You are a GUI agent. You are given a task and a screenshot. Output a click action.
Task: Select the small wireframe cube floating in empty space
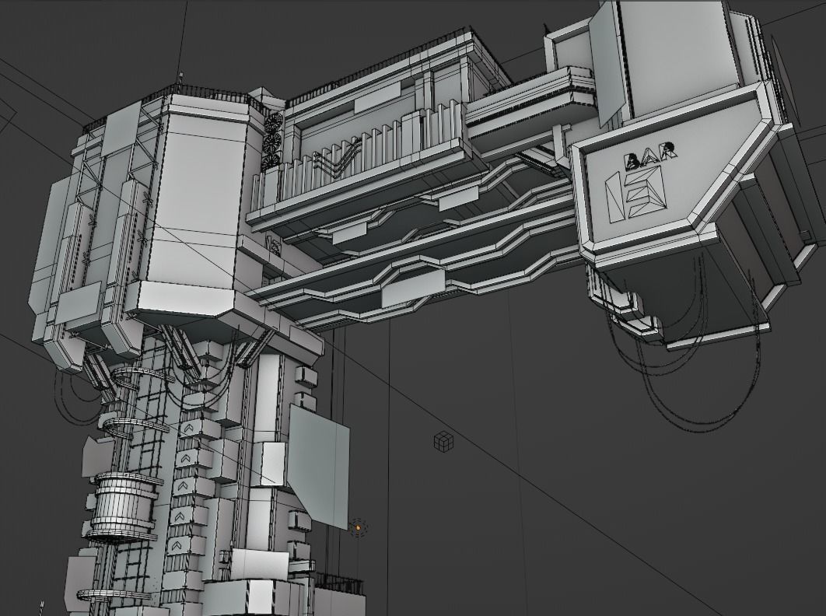(x=443, y=442)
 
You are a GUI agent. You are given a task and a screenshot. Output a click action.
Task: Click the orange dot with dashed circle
(x=358, y=527)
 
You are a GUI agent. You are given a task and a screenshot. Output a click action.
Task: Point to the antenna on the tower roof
(x=180, y=79)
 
